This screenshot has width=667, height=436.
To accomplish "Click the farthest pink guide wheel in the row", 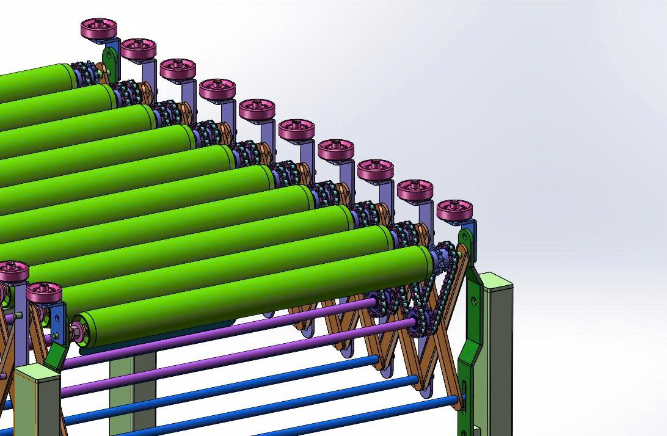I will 98,29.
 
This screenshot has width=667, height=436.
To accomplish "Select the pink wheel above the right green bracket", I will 455,209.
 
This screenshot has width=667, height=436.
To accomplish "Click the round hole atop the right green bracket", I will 465,234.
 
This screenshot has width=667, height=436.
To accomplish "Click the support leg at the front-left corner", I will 37,403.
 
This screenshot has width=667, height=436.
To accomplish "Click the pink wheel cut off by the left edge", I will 11,271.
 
